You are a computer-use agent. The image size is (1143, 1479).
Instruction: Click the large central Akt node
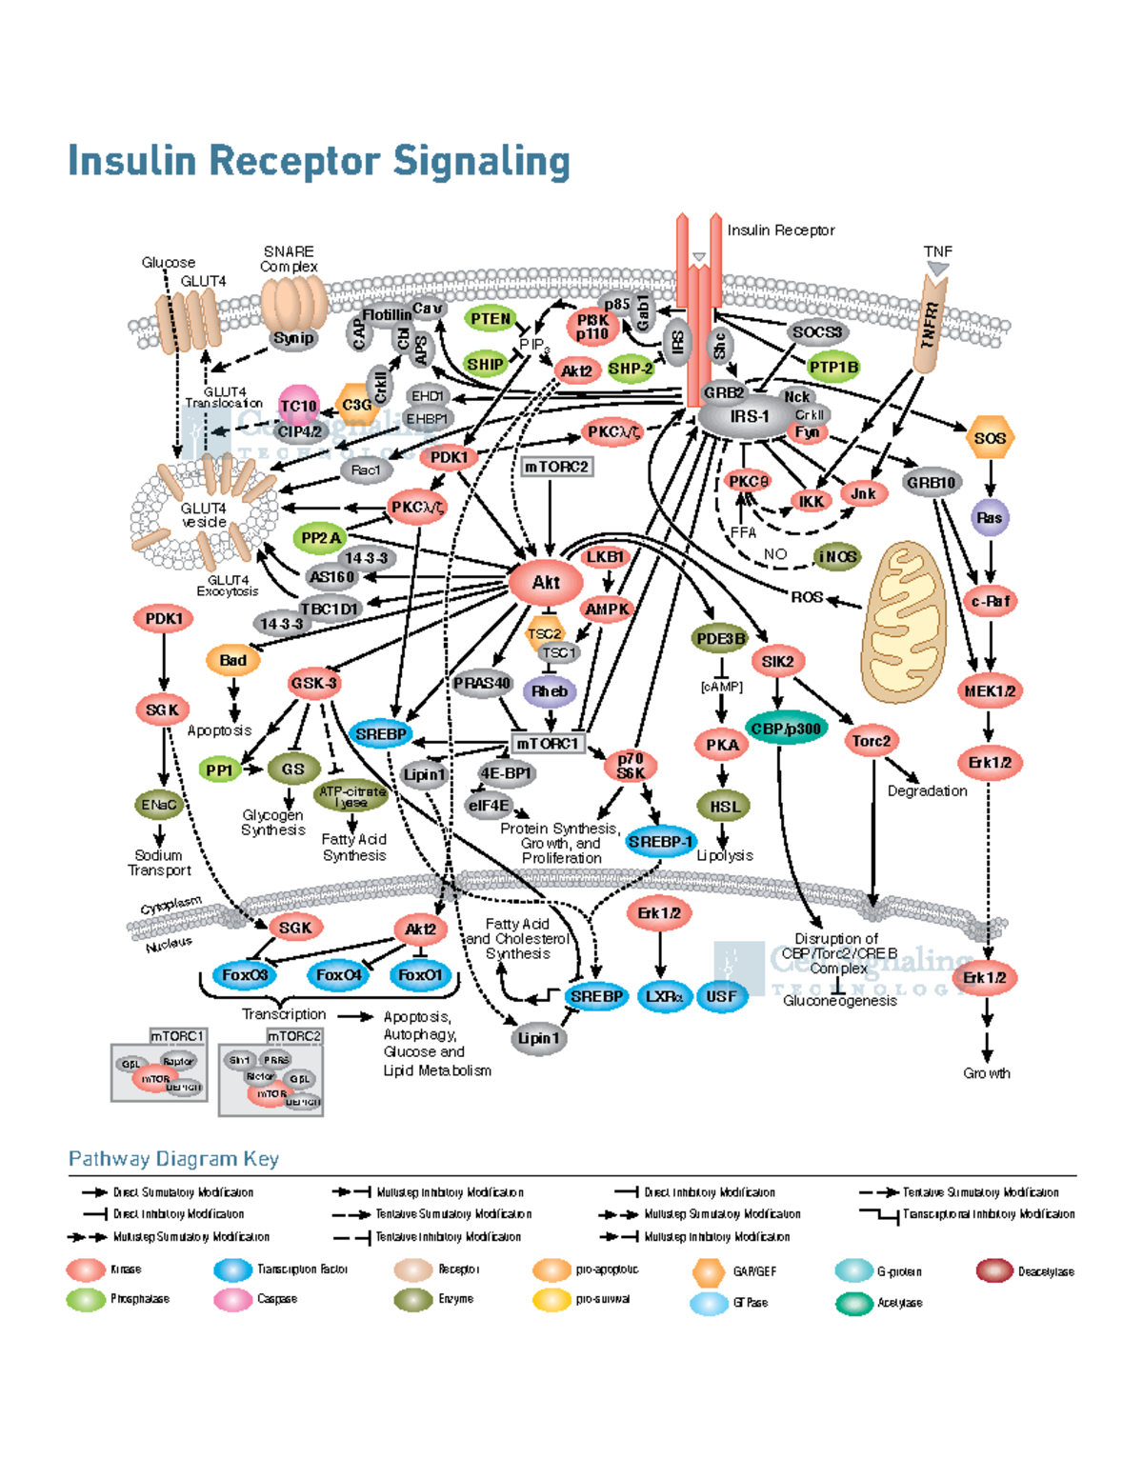[546, 583]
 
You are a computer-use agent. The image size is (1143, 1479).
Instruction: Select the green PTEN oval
[491, 320]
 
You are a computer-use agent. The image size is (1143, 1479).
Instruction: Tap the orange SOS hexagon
[990, 438]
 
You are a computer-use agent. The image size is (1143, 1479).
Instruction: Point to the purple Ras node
[990, 518]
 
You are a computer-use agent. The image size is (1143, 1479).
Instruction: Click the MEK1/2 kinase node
[990, 691]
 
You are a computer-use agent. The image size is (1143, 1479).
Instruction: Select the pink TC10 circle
[298, 406]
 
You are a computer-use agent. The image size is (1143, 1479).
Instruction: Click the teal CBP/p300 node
[786, 730]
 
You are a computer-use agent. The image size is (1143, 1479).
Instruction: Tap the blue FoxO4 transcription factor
[339, 975]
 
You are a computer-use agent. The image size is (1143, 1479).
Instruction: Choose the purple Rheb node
[550, 691]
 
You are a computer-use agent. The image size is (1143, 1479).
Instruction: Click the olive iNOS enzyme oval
[837, 557]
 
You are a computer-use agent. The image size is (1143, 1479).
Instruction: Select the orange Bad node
[233, 660]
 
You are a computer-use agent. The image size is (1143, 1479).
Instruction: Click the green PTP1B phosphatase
[833, 368]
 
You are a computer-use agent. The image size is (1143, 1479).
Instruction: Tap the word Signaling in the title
[481, 161]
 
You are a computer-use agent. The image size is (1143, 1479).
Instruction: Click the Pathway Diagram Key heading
[173, 1159]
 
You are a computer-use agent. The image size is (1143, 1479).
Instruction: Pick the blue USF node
[721, 997]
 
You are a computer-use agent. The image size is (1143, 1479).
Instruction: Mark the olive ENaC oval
[158, 805]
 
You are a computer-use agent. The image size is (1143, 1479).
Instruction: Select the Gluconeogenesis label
[839, 1001]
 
